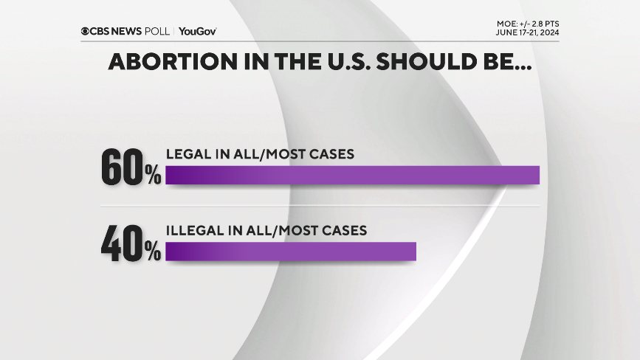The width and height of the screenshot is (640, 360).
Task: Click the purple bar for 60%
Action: [x=353, y=175]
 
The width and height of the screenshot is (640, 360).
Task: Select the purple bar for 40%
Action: [x=291, y=252]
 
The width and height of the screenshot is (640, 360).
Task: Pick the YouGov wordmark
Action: [x=197, y=31]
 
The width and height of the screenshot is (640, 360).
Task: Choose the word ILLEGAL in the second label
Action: [x=193, y=230]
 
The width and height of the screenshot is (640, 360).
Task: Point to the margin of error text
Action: [x=527, y=24]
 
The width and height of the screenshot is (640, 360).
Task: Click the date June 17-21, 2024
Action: [x=527, y=33]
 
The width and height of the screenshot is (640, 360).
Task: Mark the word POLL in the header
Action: [x=159, y=31]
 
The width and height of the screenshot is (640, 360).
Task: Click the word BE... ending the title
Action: [x=506, y=62]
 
